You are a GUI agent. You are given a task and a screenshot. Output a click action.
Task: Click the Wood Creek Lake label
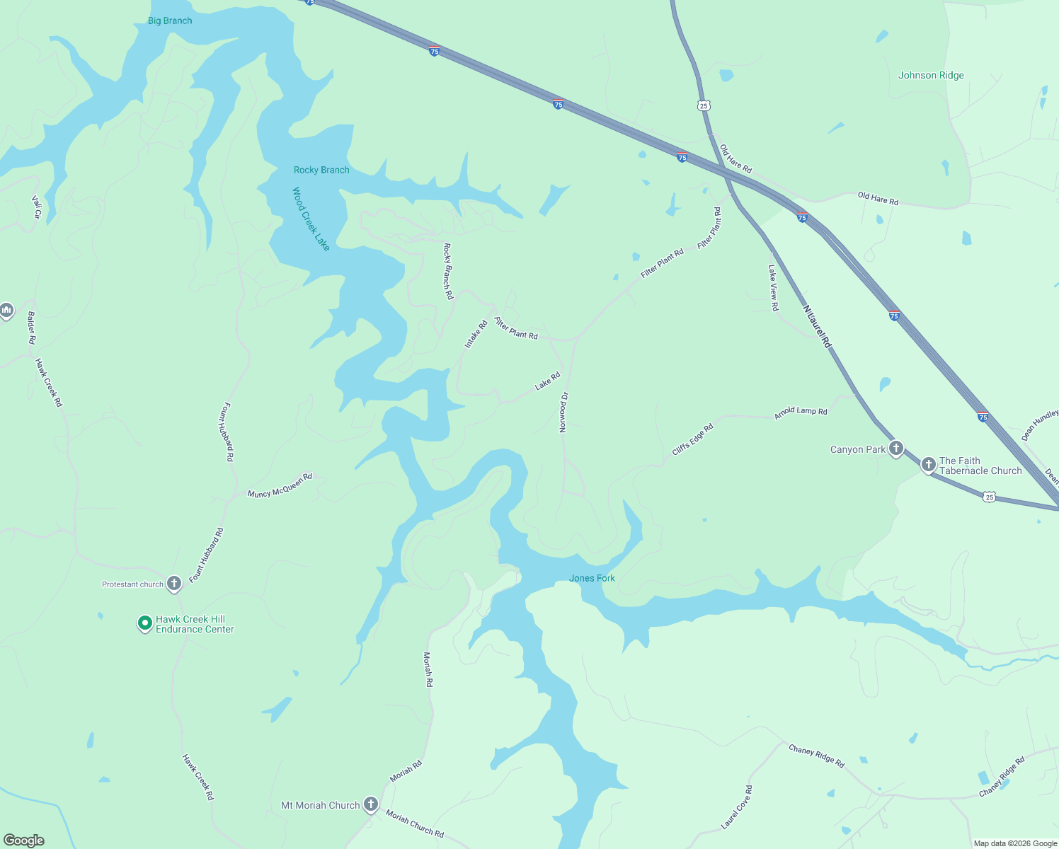(x=311, y=219)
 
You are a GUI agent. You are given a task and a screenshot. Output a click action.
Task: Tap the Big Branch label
(x=170, y=21)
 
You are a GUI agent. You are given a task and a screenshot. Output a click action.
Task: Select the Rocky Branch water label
(x=321, y=170)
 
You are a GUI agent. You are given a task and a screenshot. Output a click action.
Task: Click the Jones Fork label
(x=592, y=578)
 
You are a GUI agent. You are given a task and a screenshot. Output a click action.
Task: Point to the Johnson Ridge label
(x=931, y=75)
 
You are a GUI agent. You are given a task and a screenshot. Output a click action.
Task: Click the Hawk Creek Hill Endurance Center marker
(x=144, y=623)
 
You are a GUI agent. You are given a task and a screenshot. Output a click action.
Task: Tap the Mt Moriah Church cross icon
(x=370, y=804)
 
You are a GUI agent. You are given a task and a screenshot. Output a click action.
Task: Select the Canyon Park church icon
(x=896, y=449)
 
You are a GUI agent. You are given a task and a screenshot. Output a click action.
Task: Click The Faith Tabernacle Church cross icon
(x=928, y=465)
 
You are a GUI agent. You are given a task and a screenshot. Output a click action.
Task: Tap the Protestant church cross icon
(x=174, y=584)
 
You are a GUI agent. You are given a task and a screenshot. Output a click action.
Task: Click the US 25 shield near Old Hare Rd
(x=703, y=105)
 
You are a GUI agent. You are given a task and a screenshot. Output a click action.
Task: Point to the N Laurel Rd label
(x=817, y=326)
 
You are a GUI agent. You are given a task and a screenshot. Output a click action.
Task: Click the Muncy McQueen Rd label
(x=280, y=486)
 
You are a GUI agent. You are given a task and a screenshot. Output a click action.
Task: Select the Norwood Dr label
(x=564, y=412)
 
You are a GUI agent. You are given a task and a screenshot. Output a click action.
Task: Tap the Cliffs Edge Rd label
(x=692, y=439)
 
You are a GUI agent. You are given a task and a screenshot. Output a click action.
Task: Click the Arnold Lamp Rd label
(x=801, y=412)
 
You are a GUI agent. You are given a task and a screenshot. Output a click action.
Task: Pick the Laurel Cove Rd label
(x=737, y=807)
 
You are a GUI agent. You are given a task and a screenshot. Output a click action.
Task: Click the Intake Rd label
(x=476, y=334)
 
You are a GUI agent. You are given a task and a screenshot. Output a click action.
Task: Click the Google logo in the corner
(x=23, y=841)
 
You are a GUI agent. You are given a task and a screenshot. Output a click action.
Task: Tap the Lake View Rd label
(x=774, y=288)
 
